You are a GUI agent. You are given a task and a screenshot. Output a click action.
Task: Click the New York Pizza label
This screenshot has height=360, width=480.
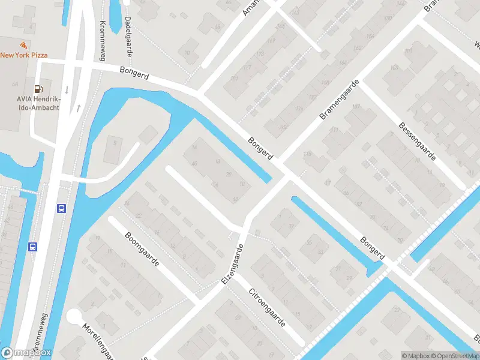tap(24, 55)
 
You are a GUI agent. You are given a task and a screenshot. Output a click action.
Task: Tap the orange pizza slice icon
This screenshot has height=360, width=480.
tap(23, 45)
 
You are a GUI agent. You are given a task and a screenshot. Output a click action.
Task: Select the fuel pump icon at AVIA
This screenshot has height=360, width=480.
tap(38, 89)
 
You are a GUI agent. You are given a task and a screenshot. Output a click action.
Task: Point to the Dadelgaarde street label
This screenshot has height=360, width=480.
tap(128, 36)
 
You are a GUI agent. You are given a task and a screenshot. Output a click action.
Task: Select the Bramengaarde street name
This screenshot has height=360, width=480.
tap(340, 99)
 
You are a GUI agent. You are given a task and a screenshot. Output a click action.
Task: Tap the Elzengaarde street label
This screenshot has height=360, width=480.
tap(235, 265)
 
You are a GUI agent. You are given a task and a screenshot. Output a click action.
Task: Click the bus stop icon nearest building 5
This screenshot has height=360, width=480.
tap(61, 208)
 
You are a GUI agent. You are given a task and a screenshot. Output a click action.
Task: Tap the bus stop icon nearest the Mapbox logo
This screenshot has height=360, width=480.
tap(33, 246)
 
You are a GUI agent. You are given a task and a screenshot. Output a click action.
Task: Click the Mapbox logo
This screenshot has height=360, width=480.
tap(26, 353)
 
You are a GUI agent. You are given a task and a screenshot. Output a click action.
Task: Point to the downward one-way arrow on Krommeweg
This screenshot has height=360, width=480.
tap(67, 90)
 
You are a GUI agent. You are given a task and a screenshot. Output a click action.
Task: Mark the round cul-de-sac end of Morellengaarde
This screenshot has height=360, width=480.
tap(75, 317)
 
